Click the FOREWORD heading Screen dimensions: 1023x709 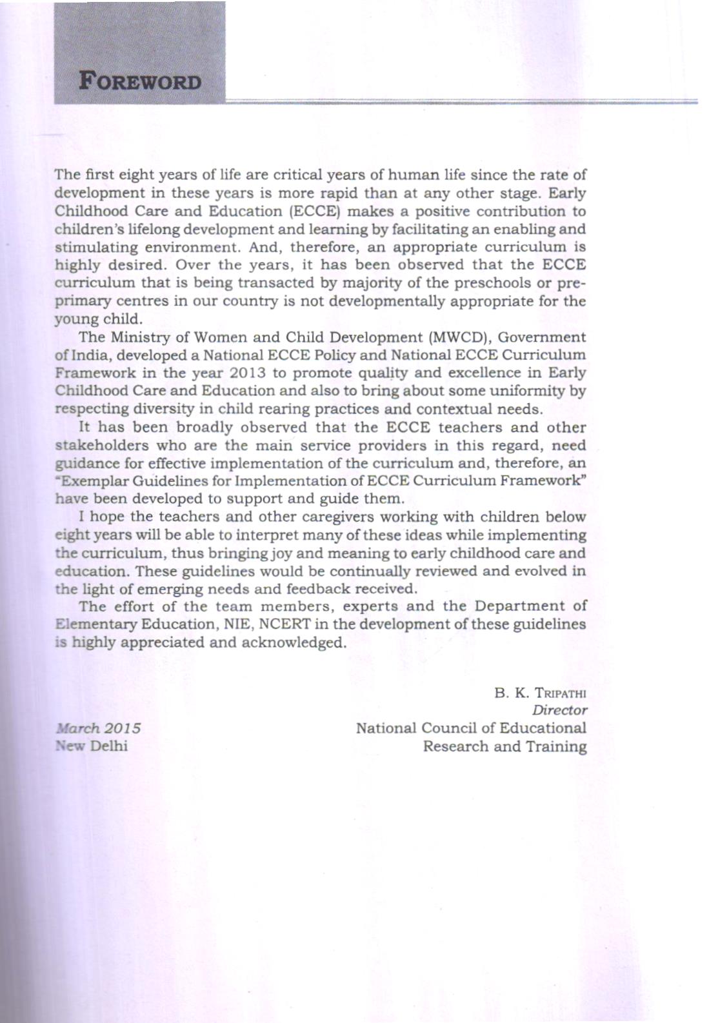(139, 83)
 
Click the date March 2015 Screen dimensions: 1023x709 (99, 728)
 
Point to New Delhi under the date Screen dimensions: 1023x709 (92, 746)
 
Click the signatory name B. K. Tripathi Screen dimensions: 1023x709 (541, 693)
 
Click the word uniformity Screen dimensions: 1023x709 (530, 392)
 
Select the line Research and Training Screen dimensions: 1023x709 (504, 747)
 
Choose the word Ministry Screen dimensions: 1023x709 (139, 337)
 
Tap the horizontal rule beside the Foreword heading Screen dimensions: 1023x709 (461, 101)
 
